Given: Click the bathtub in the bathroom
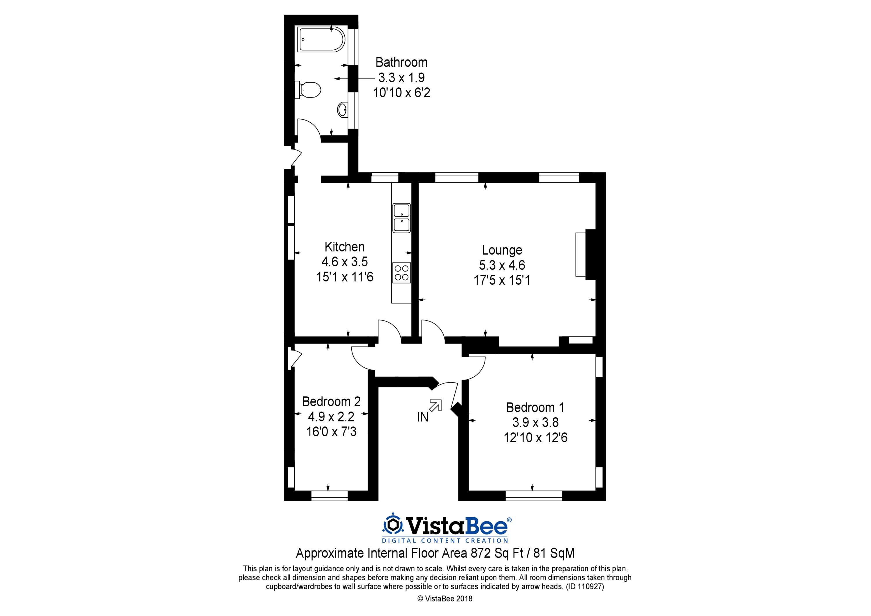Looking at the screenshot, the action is tap(322, 40).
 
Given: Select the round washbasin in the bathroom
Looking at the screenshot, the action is tap(342, 110).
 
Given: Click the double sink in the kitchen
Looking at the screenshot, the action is tap(401, 218).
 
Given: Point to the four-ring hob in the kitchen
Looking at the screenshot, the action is tap(401, 272).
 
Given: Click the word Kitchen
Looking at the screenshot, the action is tap(344, 247).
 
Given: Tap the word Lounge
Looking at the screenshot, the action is tap(502, 250).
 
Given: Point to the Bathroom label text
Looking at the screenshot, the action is tap(401, 62).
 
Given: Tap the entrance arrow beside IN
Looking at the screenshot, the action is tap(435, 405).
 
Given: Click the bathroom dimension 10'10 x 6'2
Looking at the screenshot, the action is tap(402, 93).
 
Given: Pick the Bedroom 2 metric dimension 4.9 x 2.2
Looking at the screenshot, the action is tap(331, 417).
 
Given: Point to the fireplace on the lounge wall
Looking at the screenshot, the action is tap(585, 255).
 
